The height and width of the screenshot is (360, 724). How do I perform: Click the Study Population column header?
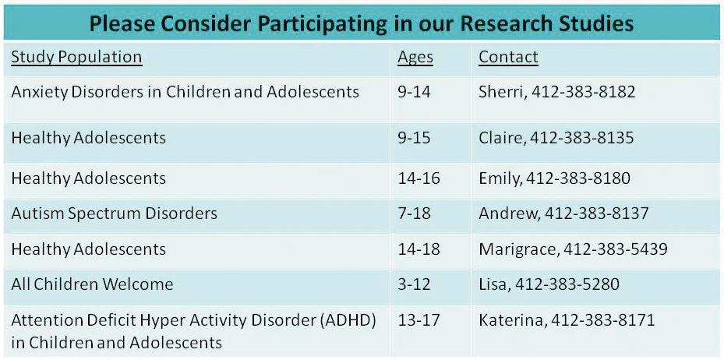pos(76,57)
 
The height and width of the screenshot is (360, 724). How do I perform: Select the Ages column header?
pos(415,57)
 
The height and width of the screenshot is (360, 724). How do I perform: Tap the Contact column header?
pos(508,57)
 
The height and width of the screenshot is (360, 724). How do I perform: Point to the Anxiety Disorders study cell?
pos(185,92)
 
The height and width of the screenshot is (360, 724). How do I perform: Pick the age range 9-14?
pos(414,92)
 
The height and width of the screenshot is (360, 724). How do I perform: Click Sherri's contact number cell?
pos(556,92)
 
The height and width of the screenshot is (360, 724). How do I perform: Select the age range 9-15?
pos(414,138)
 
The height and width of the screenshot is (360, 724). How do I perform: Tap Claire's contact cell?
pos(556,138)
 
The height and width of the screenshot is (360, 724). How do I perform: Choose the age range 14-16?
pos(419,178)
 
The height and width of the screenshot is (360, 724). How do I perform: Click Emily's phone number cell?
pos(554,178)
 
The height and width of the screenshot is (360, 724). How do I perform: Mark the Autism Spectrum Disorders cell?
pos(114,213)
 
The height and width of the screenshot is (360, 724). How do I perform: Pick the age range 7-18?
pos(414,213)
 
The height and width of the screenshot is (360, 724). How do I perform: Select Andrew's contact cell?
pos(563,213)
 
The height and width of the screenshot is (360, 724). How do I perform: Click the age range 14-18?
pos(419,249)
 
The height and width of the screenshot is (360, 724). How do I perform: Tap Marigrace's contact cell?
pos(573,249)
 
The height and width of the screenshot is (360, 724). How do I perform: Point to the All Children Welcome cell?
pos(92,284)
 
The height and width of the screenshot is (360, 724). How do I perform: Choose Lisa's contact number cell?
pos(549,284)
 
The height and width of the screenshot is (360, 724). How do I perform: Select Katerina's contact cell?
pos(567,319)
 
